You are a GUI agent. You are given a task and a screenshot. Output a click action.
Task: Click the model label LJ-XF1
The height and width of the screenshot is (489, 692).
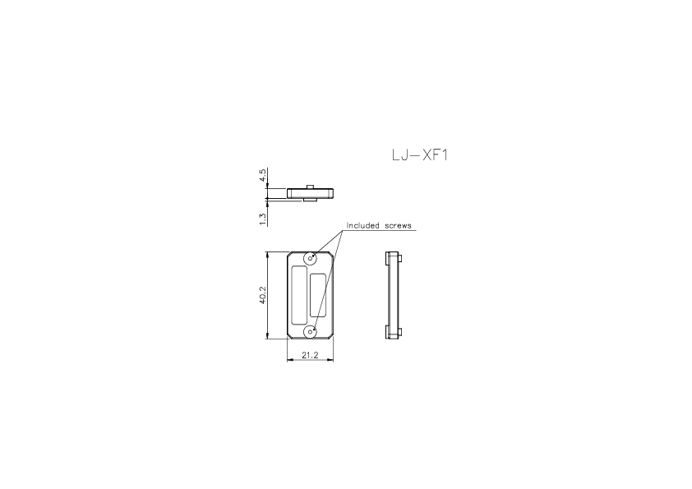[x=419, y=155]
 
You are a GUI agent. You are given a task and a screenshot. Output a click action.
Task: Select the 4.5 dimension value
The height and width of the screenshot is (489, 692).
[x=262, y=176]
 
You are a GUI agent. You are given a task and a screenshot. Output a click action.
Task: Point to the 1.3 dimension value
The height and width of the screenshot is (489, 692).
[x=262, y=218]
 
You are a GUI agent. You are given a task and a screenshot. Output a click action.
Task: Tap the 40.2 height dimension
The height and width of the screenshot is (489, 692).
[x=262, y=295]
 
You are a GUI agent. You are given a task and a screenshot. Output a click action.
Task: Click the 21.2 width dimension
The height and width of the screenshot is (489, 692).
[x=309, y=355]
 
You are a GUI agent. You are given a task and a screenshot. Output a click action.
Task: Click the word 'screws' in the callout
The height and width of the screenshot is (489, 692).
[x=397, y=225]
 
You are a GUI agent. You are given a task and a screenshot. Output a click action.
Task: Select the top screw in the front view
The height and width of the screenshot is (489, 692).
[x=310, y=259]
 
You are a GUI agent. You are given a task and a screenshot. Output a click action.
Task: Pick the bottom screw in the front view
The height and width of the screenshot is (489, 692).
[x=310, y=331]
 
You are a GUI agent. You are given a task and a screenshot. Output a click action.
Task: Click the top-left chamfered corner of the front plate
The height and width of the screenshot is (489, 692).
[x=288, y=254]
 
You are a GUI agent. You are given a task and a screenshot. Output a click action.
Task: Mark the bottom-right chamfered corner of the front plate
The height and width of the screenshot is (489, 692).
[x=330, y=336]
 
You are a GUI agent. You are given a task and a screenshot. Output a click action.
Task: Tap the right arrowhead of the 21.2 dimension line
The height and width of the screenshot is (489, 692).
[x=330, y=361]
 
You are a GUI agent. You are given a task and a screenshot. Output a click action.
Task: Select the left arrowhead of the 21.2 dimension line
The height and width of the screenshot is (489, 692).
[x=288, y=361]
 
